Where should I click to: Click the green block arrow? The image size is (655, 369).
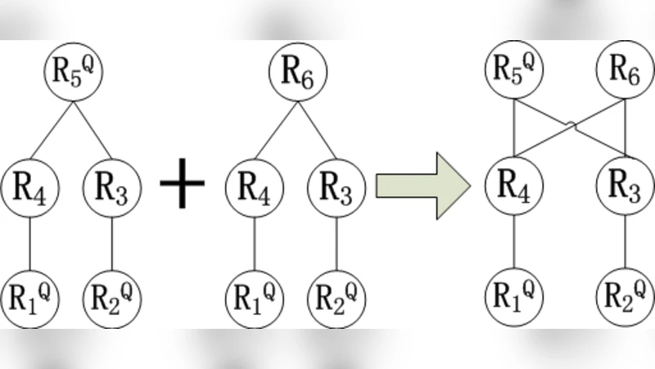click(x=422, y=185)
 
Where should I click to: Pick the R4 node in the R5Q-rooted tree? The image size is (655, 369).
click(x=30, y=188)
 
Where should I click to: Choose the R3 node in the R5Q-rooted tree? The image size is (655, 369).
click(x=112, y=188)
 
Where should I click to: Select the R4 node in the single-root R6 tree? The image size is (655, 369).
click(x=255, y=188)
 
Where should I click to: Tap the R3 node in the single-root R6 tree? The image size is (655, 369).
click(x=337, y=188)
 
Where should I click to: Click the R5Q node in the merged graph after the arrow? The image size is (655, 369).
click(x=513, y=71)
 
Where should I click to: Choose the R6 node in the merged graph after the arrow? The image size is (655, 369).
click(x=625, y=71)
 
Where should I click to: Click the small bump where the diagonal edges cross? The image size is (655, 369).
click(x=575, y=125)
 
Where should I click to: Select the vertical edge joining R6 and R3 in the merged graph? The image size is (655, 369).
click(x=625, y=128)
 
